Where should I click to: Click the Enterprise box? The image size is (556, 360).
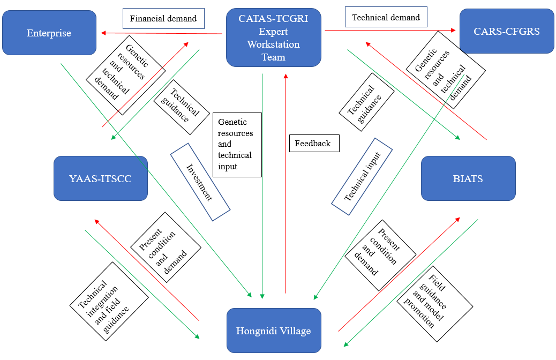pyautogui.click(x=49, y=33)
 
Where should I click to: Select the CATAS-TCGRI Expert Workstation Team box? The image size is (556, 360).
pyautogui.click(x=273, y=37)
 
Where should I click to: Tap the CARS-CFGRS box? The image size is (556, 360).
pyautogui.click(x=507, y=31)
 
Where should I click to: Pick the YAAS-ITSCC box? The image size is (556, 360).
pyautogui.click(x=101, y=178)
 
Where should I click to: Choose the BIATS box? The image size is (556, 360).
pyautogui.click(x=468, y=178)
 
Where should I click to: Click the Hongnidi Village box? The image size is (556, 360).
pyautogui.click(x=273, y=331)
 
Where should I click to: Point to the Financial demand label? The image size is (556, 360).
pyautogui.click(x=163, y=19)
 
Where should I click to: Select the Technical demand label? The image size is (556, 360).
pyautogui.click(x=386, y=17)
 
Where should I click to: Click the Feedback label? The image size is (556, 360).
pyautogui.click(x=313, y=144)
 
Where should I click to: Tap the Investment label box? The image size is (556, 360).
pyautogui.click(x=200, y=182)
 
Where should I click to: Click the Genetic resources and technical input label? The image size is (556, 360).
pyautogui.click(x=237, y=145)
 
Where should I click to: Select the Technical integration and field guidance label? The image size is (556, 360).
pyautogui.click(x=109, y=301)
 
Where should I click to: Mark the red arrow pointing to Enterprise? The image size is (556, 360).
pyautogui.click(x=161, y=33)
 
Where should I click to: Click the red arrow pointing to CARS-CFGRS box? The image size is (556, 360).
pyautogui.click(x=391, y=31)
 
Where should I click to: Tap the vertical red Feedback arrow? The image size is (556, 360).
pyautogui.click(x=286, y=182)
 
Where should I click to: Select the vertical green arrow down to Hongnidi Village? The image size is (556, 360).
pyautogui.click(x=262, y=187)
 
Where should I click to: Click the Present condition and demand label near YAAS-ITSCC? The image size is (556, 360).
pyautogui.click(x=166, y=247)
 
